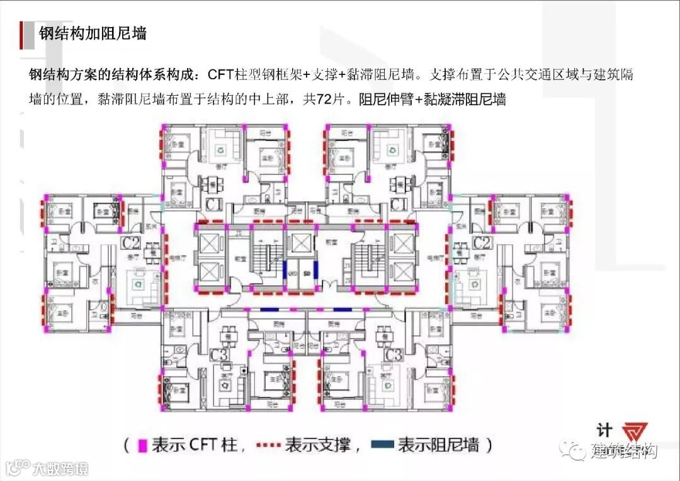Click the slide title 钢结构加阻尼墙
[93, 33]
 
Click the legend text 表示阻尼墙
[438, 446]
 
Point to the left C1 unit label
[213, 205]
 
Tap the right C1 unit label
[398, 205]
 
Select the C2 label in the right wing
[482, 243]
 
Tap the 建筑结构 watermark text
[623, 451]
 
